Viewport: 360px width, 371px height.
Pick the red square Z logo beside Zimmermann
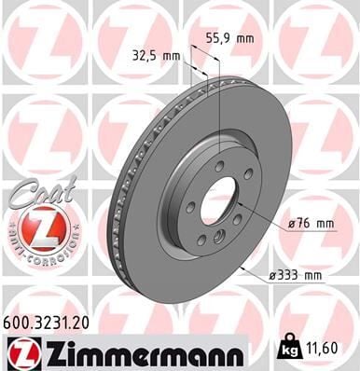[x=20, y=351]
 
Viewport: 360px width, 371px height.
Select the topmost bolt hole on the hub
[x=219, y=166]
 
